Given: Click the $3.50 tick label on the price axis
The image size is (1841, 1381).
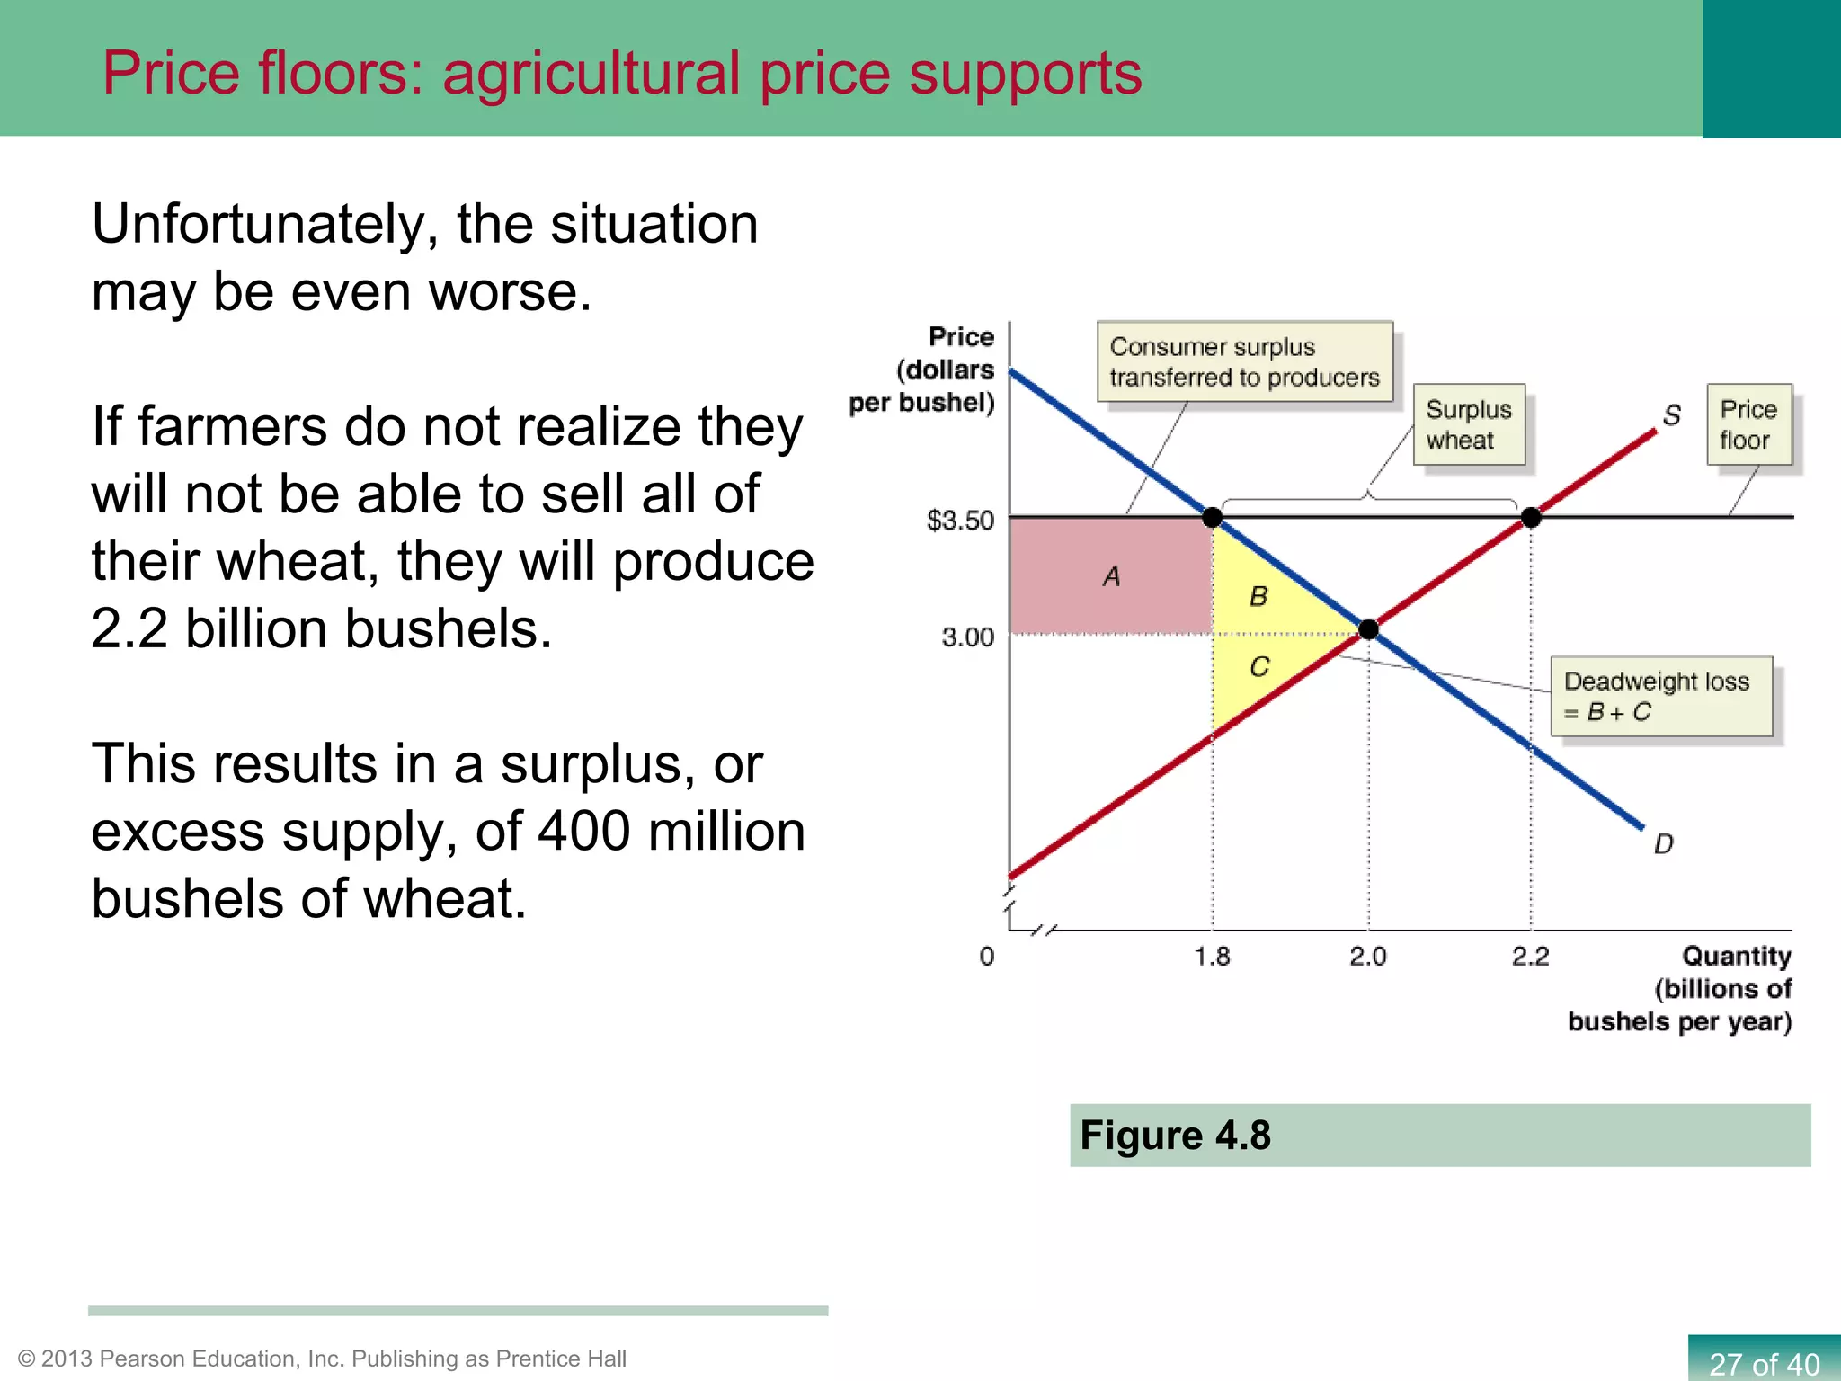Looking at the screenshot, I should point(960,521).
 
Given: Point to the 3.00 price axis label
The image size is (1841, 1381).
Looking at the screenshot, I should point(967,637).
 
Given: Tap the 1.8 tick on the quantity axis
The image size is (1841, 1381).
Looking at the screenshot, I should point(1212,956).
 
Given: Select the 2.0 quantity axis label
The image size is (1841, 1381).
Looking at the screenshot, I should point(1367,956).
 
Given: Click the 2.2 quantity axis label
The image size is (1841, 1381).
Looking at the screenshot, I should point(1530,956).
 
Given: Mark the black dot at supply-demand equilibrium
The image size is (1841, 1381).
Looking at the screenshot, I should point(1368,629).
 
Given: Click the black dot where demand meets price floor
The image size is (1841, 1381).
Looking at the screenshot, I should point(1212,517).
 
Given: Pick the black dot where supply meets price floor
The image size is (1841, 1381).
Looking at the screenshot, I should point(1531,517).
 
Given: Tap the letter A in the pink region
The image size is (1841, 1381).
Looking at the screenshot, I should point(1112,576).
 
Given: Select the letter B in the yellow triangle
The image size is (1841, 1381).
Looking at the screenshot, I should point(1258,596).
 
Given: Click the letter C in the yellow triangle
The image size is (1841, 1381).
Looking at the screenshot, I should point(1259,666).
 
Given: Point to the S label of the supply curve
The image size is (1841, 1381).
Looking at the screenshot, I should point(1671,415).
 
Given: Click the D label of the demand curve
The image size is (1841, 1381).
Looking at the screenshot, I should point(1663,843).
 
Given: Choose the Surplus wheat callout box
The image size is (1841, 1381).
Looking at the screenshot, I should point(1469,424).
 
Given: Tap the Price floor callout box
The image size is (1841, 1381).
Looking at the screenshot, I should point(1748,424).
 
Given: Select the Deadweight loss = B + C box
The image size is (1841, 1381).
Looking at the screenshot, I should point(1661,696).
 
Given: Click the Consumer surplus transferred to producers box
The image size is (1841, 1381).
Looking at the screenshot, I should point(1244,361).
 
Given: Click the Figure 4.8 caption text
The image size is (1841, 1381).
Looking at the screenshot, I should point(1175,1135).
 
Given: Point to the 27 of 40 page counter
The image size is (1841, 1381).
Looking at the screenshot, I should point(1763,1363).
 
